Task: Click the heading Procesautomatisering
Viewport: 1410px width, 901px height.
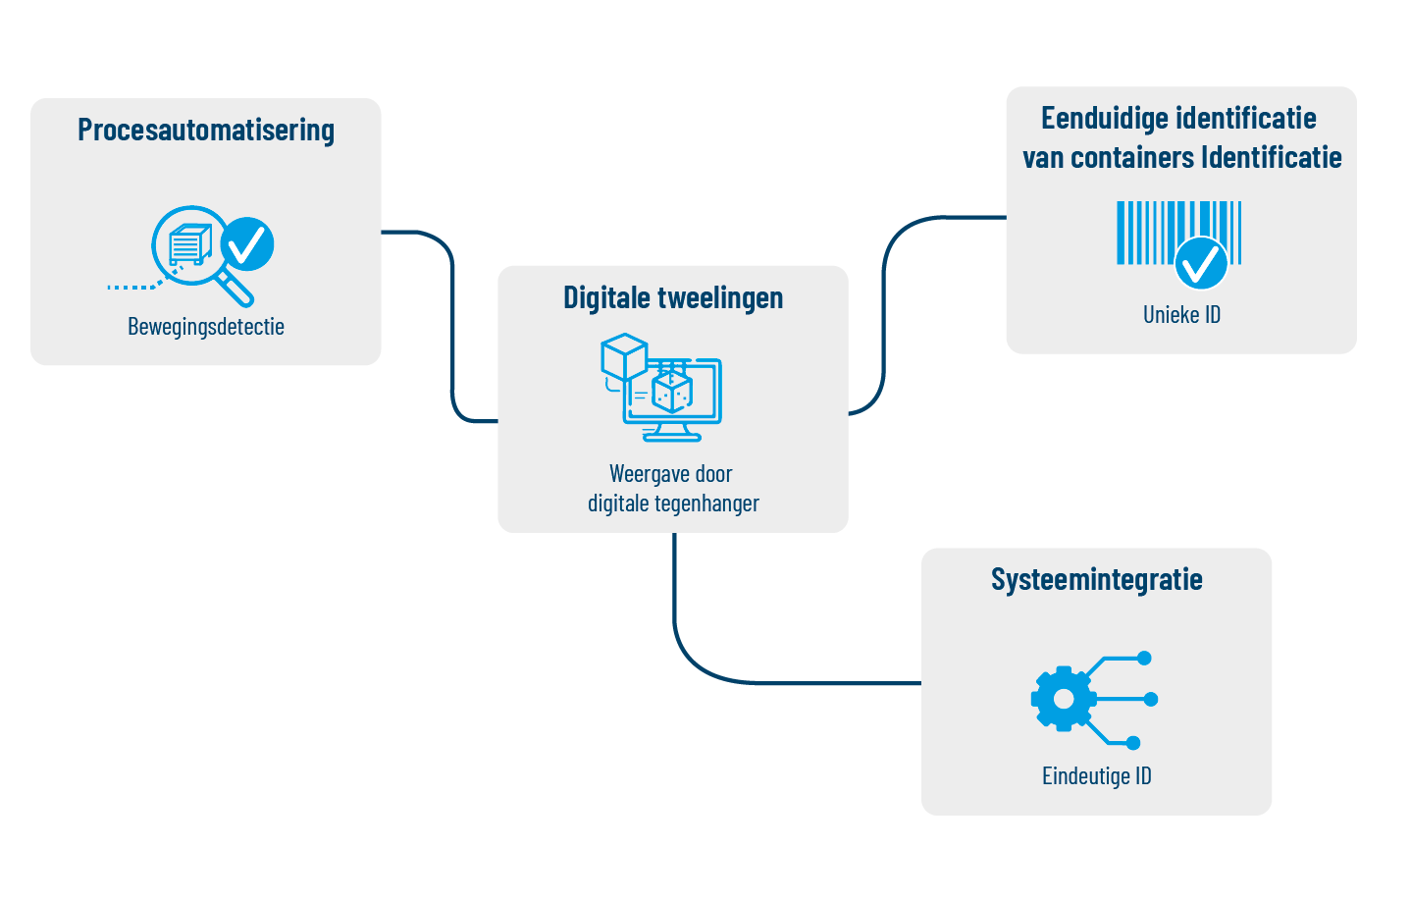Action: (x=206, y=131)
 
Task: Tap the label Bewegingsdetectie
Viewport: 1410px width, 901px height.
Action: (x=206, y=327)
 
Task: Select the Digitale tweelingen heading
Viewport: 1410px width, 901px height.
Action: (x=673, y=298)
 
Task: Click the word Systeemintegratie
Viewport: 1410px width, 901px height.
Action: (x=1096, y=580)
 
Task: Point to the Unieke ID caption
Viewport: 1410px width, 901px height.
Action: (x=1181, y=315)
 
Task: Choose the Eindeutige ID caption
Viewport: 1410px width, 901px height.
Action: (x=1096, y=776)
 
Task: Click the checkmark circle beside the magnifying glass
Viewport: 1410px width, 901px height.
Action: (x=247, y=243)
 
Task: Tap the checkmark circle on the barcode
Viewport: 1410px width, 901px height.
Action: (x=1201, y=263)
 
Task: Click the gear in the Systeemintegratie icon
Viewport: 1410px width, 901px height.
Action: (x=1063, y=699)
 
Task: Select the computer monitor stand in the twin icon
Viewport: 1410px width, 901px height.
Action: (x=672, y=431)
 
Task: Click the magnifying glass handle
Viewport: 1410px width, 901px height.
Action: (x=235, y=289)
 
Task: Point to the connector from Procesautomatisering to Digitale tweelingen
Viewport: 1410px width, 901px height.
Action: (x=452, y=324)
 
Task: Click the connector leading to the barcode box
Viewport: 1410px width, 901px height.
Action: (x=885, y=314)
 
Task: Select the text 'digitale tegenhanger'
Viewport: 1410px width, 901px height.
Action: (x=673, y=503)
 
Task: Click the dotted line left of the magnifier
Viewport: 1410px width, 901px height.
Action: (x=133, y=287)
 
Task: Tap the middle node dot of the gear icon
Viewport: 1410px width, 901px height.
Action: (x=1151, y=699)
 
